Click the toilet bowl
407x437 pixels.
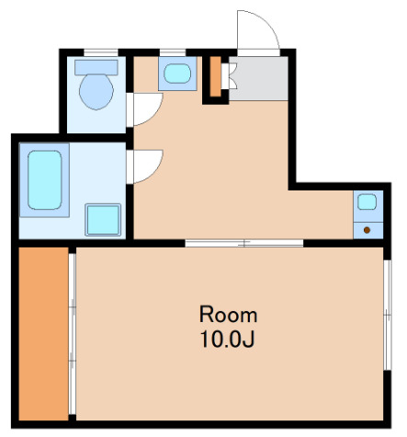[x=96, y=91]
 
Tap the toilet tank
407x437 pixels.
[x=96, y=67]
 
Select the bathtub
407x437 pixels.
[x=45, y=180]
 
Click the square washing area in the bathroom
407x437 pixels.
[x=103, y=220]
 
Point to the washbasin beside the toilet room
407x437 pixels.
[x=177, y=74]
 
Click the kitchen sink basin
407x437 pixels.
[x=367, y=201]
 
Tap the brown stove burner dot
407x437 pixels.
[x=367, y=230]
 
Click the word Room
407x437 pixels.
[x=228, y=315]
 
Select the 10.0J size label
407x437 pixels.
[x=227, y=339]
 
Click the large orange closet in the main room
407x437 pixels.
[x=43, y=334]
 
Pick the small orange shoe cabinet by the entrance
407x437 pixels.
[x=216, y=76]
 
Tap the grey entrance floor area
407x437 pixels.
[x=259, y=78]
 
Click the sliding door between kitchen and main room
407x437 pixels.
[x=244, y=244]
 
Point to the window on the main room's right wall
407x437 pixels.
[x=388, y=315]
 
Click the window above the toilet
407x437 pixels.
[x=101, y=52]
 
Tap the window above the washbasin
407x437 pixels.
[x=173, y=52]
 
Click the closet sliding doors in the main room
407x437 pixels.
[x=73, y=334]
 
